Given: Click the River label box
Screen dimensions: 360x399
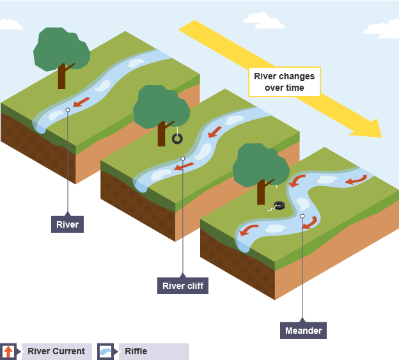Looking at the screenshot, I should tap(67, 224).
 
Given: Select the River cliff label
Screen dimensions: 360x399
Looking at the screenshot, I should tap(183, 286).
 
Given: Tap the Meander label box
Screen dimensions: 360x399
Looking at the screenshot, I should tap(302, 331).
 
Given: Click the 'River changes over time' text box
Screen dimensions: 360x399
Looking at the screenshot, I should tap(284, 82).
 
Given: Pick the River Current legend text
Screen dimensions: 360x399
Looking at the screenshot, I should tap(56, 351).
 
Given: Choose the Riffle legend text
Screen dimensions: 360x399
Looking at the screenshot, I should tap(136, 351).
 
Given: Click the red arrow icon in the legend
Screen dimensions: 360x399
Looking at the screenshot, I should tap(8, 351).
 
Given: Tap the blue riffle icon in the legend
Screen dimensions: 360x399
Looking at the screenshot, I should tap(105, 351).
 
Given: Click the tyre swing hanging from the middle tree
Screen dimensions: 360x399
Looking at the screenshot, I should tap(177, 137).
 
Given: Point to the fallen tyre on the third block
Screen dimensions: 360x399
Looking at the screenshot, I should tap(278, 205).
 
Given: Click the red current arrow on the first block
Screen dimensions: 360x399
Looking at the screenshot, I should tap(81, 102).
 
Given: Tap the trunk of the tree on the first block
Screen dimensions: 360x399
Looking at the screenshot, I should tap(61, 77).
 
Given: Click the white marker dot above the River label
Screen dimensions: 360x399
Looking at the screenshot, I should tap(68, 110).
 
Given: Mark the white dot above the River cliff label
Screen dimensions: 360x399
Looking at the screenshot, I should tap(183, 159).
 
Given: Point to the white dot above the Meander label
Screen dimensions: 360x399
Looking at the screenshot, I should tap(302, 216).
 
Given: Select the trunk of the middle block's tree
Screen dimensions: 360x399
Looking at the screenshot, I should tap(161, 134).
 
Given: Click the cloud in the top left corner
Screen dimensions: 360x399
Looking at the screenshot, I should tap(11, 24).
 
